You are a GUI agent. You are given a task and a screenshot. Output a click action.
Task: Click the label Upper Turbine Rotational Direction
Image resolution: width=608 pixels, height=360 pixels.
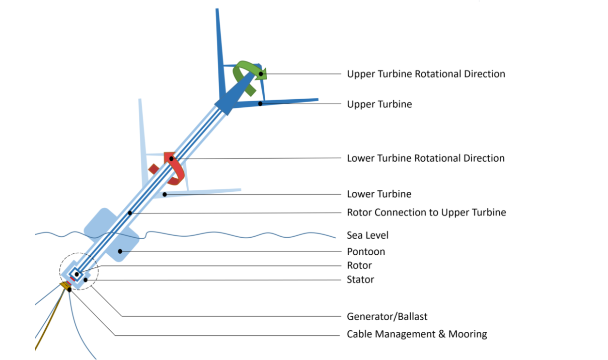[x=426, y=74]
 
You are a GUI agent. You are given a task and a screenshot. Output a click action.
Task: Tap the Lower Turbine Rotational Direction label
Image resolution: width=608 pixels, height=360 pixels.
[x=426, y=158]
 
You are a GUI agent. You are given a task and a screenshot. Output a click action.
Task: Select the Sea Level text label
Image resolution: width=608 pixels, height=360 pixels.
[x=367, y=235]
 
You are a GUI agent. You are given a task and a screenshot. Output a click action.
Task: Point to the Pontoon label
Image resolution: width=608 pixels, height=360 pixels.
[x=366, y=252]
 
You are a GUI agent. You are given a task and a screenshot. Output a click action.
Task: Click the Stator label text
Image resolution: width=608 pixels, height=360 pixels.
[x=360, y=279]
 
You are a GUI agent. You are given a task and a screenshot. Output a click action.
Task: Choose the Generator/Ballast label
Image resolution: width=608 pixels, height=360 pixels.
[x=387, y=317]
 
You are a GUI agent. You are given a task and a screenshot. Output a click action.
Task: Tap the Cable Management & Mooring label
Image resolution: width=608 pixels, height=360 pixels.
[x=417, y=334]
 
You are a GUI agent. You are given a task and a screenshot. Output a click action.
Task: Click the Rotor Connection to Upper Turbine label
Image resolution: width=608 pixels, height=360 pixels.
[x=426, y=212]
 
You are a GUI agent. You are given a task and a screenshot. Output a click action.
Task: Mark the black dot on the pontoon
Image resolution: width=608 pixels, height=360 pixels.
[x=120, y=251]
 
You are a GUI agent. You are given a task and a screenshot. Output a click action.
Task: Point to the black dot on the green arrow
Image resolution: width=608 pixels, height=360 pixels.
[x=261, y=74]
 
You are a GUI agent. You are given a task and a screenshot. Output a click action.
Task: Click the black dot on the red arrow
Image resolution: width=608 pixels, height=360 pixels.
[x=171, y=159]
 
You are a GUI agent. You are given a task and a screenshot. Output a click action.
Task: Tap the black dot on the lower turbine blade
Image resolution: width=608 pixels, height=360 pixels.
[x=165, y=194]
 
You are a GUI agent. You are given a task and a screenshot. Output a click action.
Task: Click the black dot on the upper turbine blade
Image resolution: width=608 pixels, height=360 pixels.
[x=260, y=104]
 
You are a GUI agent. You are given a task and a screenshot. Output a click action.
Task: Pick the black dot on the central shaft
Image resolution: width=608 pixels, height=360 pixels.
[x=130, y=213]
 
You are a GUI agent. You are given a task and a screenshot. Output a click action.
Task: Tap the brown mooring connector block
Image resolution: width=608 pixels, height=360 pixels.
[x=65, y=285]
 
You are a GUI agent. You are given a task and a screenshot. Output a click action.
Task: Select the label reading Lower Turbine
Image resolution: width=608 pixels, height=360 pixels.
[x=379, y=194]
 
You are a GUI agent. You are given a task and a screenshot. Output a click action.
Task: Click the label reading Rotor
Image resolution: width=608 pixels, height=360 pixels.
[x=359, y=265]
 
